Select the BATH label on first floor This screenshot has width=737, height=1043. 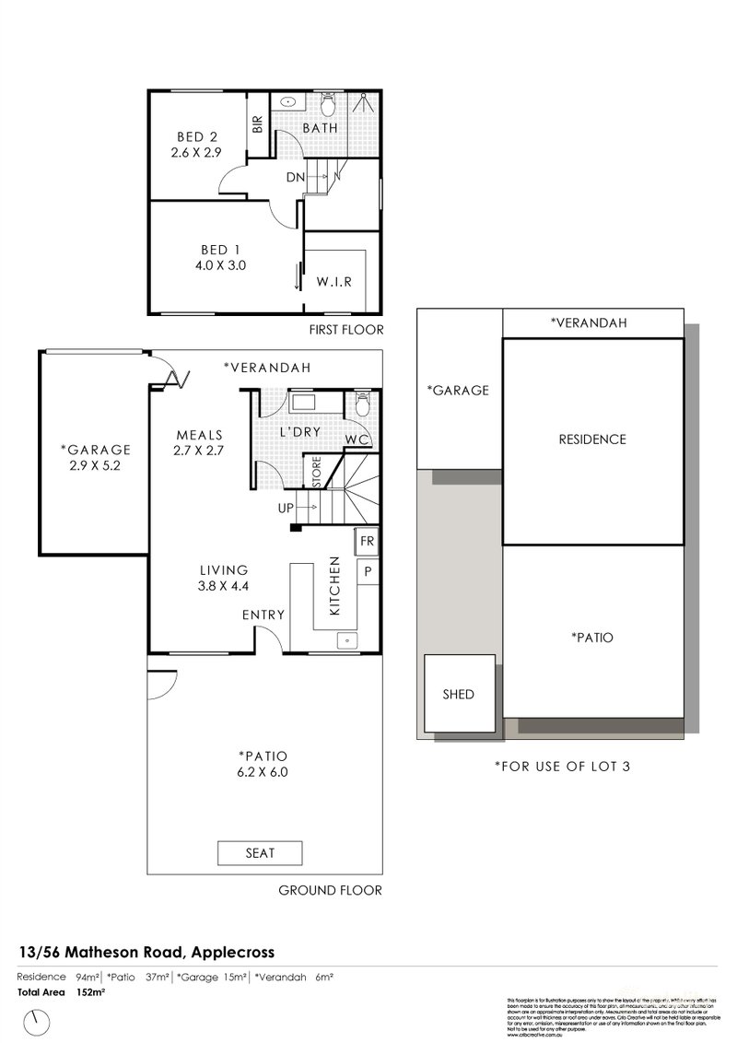[x=320, y=128]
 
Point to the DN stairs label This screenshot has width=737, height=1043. [x=296, y=177]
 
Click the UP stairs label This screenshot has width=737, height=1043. [x=287, y=508]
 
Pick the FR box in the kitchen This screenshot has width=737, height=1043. [x=366, y=541]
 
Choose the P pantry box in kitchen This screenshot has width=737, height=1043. [x=367, y=570]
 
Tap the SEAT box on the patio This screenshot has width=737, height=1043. [x=260, y=853]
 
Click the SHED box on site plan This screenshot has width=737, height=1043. [x=458, y=694]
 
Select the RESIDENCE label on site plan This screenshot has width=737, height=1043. [x=592, y=439]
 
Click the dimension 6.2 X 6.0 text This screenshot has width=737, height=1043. [x=261, y=773]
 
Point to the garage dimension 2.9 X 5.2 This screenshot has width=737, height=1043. [x=96, y=466]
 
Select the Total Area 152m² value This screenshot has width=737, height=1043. [x=89, y=991]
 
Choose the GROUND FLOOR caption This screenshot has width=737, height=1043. [x=330, y=890]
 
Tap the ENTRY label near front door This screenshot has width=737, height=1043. [x=263, y=615]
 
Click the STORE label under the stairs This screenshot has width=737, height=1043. [x=315, y=472]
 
